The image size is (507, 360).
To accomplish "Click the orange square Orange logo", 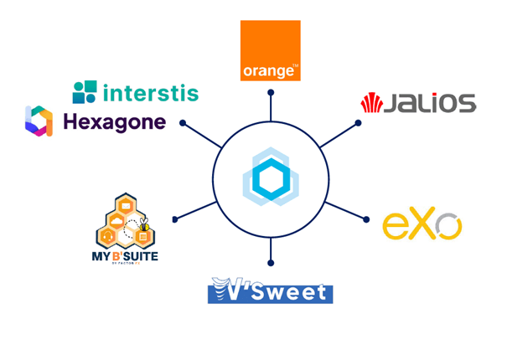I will click(270, 50).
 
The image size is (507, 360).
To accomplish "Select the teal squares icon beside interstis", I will click(85, 92).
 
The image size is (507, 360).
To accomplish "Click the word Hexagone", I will click(114, 122).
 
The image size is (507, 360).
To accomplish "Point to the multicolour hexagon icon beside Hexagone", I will click(39, 121).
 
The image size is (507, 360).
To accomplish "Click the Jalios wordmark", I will click(430, 104).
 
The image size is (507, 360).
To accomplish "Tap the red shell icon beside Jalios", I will click(371, 104).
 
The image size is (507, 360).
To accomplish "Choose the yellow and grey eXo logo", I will click(422, 225).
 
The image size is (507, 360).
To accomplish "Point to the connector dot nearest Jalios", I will click(358, 124).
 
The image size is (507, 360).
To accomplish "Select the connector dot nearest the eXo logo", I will click(366, 219).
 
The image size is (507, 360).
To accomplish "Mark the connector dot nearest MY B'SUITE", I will click(174, 219).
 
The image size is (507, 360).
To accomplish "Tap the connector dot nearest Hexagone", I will click(182, 124).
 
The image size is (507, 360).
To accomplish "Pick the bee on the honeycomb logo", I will click(144, 225).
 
